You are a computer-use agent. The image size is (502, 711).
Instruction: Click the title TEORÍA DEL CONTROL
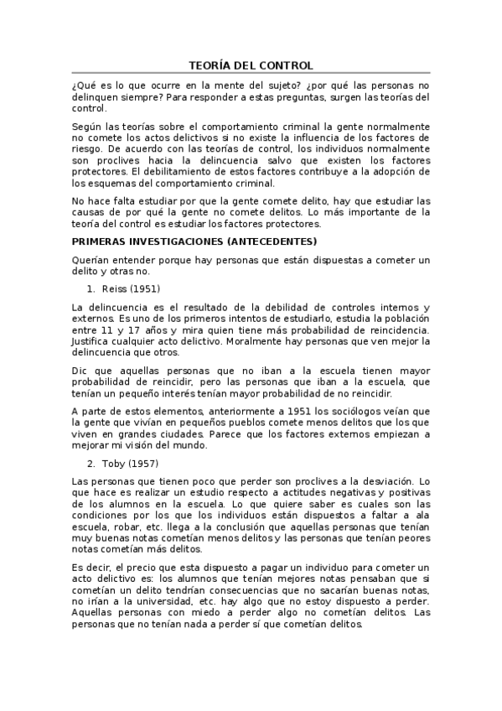(x=251, y=65)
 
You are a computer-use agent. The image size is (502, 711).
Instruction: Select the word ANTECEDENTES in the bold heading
(x=264, y=241)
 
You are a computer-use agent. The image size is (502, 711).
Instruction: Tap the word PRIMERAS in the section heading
(x=101, y=241)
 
